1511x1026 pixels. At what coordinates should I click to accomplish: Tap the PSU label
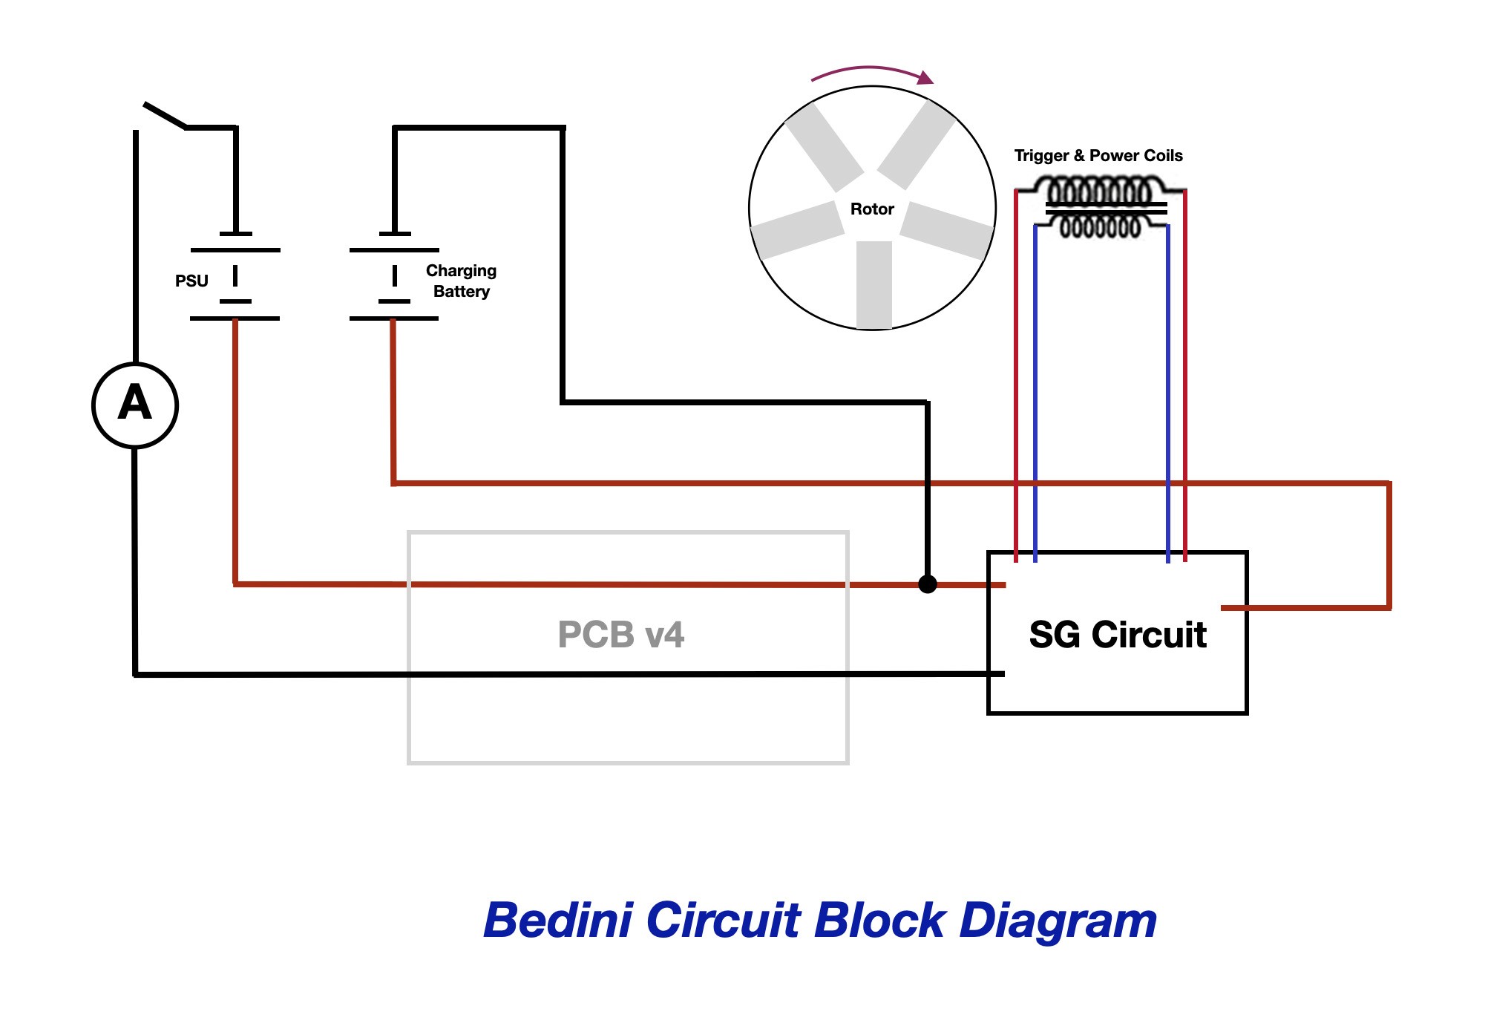191,281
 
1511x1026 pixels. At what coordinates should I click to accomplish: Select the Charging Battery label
461,281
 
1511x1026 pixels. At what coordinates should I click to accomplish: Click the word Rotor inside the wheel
872,209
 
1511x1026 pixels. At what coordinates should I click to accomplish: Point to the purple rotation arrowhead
925,78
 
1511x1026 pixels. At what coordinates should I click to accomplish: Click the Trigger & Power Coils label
1098,156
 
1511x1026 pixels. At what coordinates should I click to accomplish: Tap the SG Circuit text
1118,635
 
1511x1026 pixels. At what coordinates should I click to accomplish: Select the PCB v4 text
620,635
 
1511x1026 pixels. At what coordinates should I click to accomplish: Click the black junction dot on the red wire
928,584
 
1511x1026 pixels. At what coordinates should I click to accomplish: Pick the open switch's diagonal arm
165,115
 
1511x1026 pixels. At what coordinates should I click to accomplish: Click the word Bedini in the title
558,921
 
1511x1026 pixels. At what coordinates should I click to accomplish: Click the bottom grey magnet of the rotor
874,284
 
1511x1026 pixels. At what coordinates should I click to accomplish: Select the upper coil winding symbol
1100,192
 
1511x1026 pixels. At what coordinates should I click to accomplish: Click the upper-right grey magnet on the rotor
917,145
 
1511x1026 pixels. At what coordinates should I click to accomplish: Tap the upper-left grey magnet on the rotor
825,147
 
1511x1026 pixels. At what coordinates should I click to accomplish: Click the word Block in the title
879,921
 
